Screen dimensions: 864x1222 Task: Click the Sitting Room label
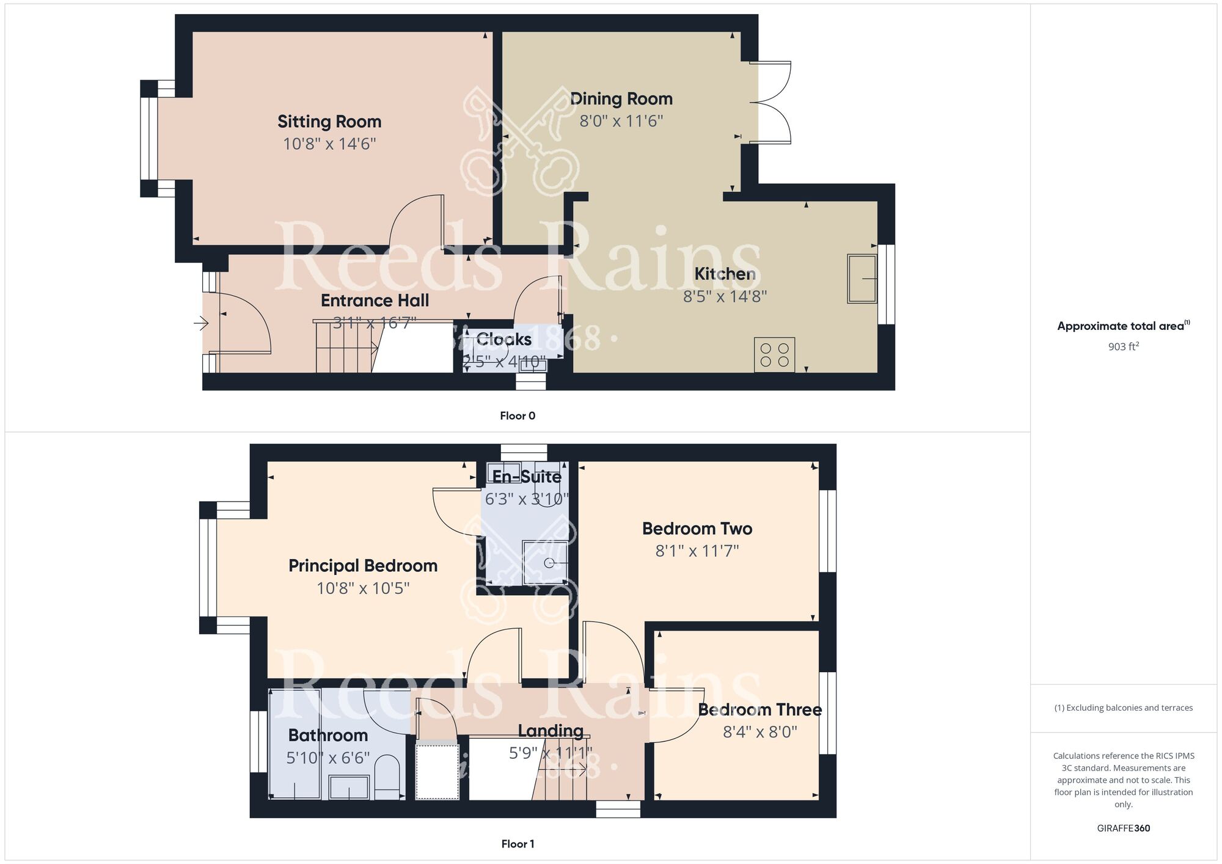(x=329, y=122)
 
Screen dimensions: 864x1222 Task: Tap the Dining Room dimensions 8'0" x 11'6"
(x=621, y=121)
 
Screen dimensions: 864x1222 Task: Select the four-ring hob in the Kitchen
(x=774, y=355)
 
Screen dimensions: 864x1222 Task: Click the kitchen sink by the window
(x=862, y=279)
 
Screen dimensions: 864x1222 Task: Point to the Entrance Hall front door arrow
(x=201, y=323)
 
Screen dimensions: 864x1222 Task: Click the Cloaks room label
(x=503, y=339)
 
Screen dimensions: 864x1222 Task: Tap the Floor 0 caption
(x=518, y=416)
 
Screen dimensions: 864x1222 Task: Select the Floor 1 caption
(x=518, y=844)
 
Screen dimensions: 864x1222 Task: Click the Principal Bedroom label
(x=363, y=566)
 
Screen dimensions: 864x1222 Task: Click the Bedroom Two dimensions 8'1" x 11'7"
(x=697, y=551)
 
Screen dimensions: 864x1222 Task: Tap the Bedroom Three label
(x=759, y=710)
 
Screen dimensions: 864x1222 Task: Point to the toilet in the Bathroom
(x=386, y=777)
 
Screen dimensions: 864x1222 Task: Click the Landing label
(x=551, y=731)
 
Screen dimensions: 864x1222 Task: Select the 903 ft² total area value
(x=1123, y=346)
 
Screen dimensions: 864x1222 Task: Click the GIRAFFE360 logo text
(x=1123, y=829)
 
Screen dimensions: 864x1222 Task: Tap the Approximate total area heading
(x=1123, y=326)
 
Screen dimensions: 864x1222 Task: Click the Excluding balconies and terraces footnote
(x=1123, y=708)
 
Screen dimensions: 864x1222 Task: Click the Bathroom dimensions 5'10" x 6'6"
(x=328, y=758)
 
